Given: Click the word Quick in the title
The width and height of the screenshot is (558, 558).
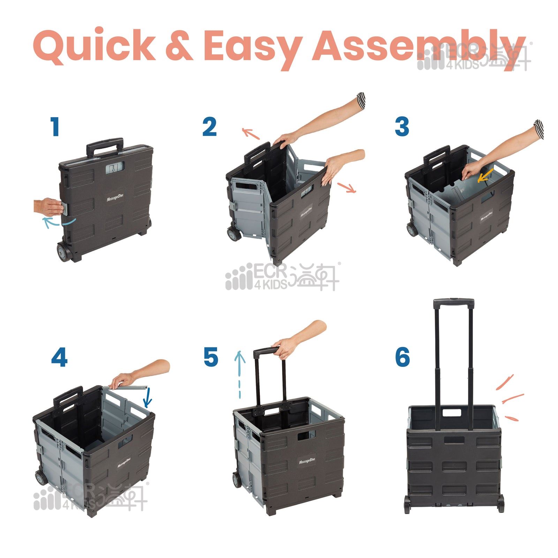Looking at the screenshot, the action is pyautogui.click(x=94, y=46).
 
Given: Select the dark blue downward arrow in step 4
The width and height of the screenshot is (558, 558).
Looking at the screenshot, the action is pyautogui.click(x=148, y=398).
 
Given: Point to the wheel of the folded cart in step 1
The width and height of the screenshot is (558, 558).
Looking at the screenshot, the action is pyautogui.click(x=64, y=252).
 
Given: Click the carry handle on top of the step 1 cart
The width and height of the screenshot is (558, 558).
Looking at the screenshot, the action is pyautogui.click(x=105, y=146).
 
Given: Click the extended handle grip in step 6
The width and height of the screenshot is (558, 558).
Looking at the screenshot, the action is pyautogui.click(x=453, y=303).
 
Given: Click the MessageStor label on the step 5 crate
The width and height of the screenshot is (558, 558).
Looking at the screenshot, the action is pyautogui.click(x=307, y=462).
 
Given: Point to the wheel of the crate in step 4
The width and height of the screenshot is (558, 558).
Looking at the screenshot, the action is pyautogui.click(x=41, y=477).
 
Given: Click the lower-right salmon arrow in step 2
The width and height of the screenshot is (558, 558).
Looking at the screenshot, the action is pyautogui.click(x=347, y=188).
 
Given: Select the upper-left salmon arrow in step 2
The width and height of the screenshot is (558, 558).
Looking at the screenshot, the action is pyautogui.click(x=251, y=133).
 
